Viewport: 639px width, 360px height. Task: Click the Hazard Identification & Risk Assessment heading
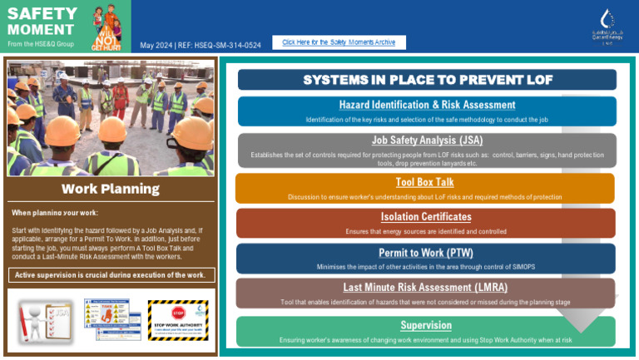[427, 105]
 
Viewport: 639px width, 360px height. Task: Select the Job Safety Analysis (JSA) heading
[427, 141]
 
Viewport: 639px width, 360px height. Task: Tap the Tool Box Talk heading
[424, 182]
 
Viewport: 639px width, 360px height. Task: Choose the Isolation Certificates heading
[425, 217]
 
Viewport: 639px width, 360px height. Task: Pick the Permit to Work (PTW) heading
[426, 253]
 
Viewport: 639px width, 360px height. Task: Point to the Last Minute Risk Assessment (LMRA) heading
[426, 288]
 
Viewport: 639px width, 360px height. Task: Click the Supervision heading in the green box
[426, 325]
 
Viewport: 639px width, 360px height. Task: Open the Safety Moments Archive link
[338, 42]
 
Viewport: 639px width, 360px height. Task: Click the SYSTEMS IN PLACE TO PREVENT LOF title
[427, 80]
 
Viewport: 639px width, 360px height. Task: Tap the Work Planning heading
[111, 189]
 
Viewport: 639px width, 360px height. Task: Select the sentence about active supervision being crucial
[110, 275]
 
